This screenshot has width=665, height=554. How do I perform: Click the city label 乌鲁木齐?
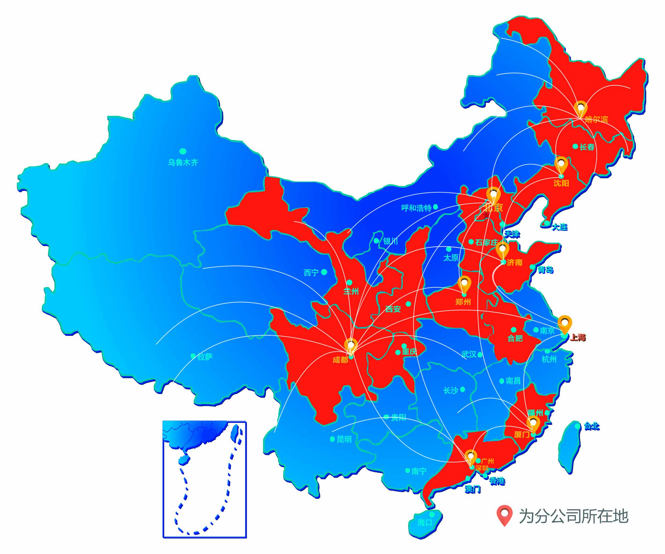[x=183, y=162]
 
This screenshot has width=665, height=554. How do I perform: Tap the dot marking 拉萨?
[x=193, y=356]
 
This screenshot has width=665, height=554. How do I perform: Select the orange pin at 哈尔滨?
[x=581, y=108]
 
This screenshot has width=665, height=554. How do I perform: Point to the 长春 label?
[x=587, y=147]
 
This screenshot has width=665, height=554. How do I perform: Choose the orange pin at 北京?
[x=493, y=194]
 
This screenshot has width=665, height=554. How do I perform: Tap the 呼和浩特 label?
[x=416, y=208]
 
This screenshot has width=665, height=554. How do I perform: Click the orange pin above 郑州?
[x=464, y=283]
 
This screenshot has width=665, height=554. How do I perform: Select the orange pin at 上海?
[x=564, y=323]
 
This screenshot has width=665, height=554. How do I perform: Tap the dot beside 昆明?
[x=332, y=439]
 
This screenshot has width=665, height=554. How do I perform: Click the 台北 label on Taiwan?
[x=592, y=426]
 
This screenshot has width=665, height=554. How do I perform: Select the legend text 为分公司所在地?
[x=573, y=516]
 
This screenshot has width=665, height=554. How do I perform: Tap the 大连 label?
[x=560, y=227]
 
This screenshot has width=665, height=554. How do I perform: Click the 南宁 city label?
[x=419, y=471]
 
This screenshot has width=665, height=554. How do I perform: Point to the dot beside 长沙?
[x=463, y=389]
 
